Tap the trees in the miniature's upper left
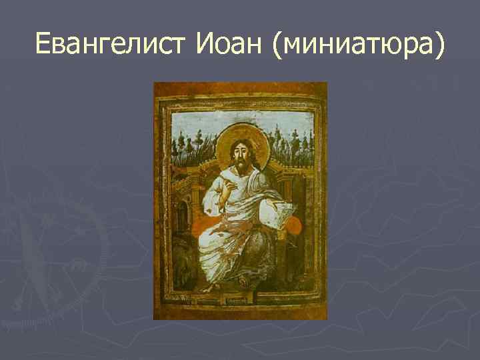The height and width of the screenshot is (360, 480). [x=190, y=143]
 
